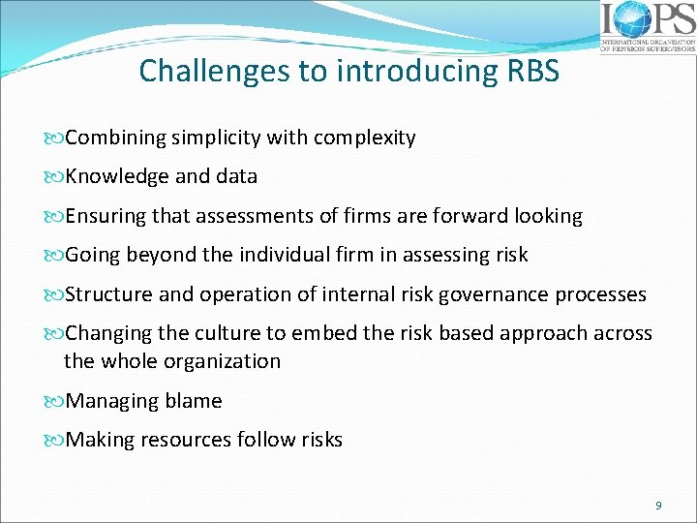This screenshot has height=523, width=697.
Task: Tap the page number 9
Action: [x=658, y=505]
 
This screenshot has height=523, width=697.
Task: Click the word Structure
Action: [x=105, y=294]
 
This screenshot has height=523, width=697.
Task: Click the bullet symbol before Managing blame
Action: [x=56, y=401]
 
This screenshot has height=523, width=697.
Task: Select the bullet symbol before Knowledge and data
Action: [x=56, y=176]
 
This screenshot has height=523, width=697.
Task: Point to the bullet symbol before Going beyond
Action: [x=56, y=255]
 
